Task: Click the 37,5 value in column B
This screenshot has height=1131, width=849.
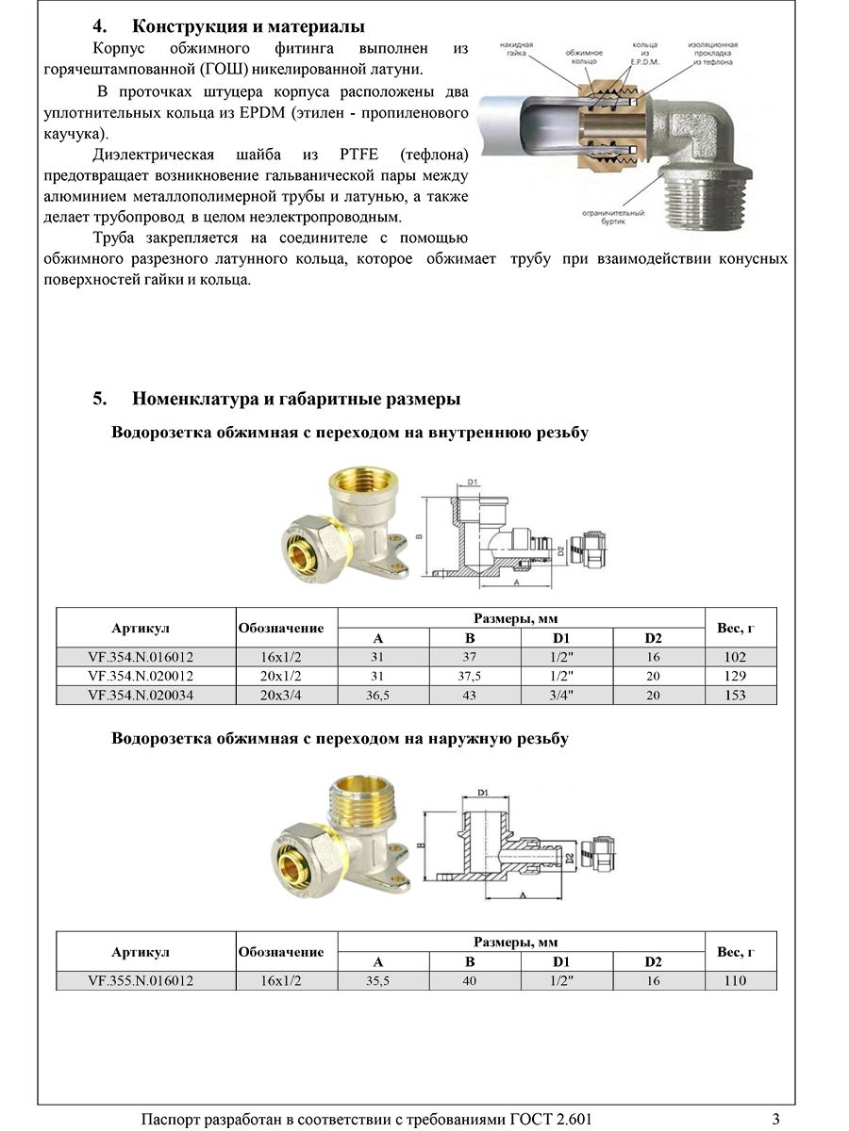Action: pyautogui.click(x=475, y=677)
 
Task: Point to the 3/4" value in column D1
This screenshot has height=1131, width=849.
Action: pyautogui.click(x=566, y=696)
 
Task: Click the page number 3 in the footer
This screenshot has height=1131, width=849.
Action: pyautogui.click(x=775, y=1120)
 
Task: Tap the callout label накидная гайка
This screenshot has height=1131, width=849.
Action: pyautogui.click(x=518, y=50)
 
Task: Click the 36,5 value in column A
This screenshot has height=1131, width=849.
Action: pyautogui.click(x=379, y=696)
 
